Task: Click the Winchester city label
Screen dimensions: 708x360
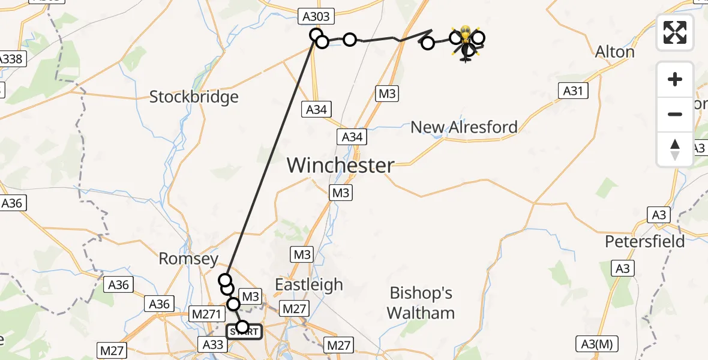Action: point(341,165)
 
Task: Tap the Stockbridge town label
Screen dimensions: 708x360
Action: point(194,97)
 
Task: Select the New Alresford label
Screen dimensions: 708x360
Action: point(464,127)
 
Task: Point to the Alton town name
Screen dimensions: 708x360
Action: point(614,52)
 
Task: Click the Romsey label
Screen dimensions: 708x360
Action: point(188,259)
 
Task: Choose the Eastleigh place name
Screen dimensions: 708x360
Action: point(308,284)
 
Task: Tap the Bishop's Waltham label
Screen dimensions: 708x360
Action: point(421,303)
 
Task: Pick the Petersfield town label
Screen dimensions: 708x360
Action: point(644,241)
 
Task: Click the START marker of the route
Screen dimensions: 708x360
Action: point(244,332)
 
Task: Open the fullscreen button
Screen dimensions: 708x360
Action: point(675,32)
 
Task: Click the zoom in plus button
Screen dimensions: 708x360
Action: point(675,79)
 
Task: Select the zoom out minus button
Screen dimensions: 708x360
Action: point(675,114)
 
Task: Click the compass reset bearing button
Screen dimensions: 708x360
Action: point(675,149)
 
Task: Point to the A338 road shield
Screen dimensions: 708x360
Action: point(10,59)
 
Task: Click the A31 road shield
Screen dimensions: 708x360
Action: point(573,91)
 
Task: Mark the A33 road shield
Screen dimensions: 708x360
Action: point(213,344)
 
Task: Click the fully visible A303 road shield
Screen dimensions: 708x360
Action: point(314,18)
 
